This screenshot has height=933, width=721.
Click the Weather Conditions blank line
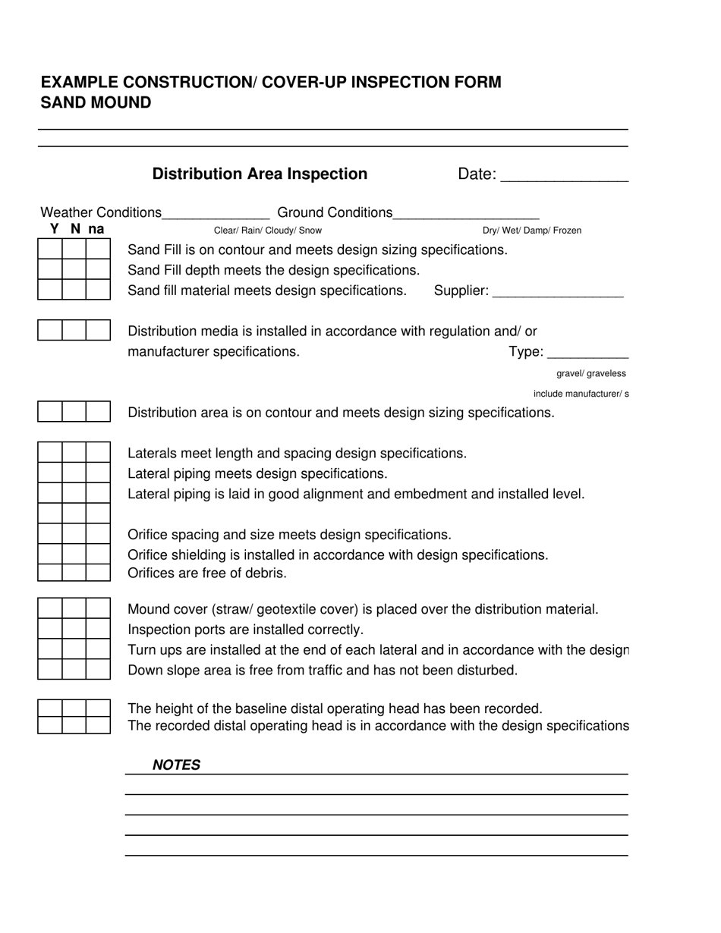216,215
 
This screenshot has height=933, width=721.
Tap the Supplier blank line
558,293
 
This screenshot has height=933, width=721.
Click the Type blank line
587,353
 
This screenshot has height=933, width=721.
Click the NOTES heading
176,765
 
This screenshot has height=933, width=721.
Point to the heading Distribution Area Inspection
260,174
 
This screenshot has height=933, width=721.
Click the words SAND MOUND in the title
96,102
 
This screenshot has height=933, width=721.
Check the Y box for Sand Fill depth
50,269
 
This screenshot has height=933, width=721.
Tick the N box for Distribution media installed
74,330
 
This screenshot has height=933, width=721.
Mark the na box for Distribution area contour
99,412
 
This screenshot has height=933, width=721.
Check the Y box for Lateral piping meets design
50,473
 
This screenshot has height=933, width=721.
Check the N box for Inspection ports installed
74,629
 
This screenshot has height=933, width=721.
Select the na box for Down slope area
99,669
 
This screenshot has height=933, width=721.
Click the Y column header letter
54,228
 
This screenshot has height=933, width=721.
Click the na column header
96,228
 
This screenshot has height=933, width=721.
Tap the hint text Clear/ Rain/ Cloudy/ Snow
268,231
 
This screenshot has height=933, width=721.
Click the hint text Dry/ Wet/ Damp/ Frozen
532,231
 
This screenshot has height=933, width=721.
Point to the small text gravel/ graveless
591,373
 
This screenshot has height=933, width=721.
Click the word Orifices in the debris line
151,573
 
